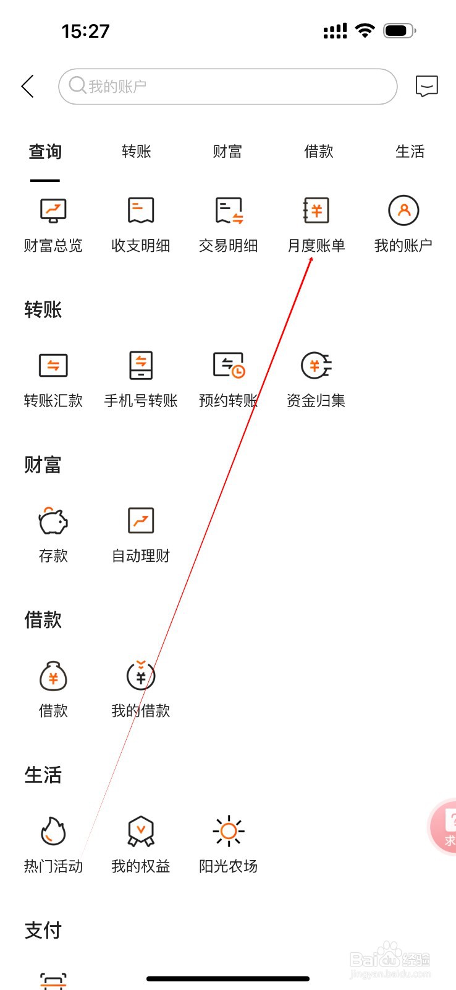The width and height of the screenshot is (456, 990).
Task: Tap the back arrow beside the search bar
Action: pos(28,87)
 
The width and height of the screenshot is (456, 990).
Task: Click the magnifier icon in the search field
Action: pos(77,85)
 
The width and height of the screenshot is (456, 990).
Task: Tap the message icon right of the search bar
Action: pos(426,87)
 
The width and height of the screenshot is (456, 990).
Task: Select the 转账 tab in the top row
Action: pos(137,152)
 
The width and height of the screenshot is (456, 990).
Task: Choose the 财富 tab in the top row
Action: pos(227,152)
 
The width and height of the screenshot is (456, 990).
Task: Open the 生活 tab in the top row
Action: pos(410,152)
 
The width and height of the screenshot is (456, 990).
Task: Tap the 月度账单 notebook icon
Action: pos(316,211)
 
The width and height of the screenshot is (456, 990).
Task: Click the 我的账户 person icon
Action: pos(403,211)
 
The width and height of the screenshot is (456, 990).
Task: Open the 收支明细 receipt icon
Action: pos(141,211)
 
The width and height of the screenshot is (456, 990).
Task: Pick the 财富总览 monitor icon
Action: pos(53,211)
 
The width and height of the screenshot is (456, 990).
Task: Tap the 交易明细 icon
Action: pos(229,211)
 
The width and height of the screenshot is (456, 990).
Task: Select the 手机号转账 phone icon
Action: pos(141,365)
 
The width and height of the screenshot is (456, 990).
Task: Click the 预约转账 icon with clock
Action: pos(229,365)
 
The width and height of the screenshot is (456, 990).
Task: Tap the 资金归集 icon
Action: pos(316,365)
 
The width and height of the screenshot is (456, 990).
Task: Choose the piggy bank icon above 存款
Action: pos(53,521)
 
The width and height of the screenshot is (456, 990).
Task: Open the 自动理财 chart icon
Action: pos(141,521)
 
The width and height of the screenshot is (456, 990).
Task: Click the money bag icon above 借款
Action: pos(53,676)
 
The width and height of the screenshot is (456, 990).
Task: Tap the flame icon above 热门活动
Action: pos(53,831)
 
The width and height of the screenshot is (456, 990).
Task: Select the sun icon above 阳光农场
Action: pos(229,831)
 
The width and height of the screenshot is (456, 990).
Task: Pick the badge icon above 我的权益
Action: pos(141,831)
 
